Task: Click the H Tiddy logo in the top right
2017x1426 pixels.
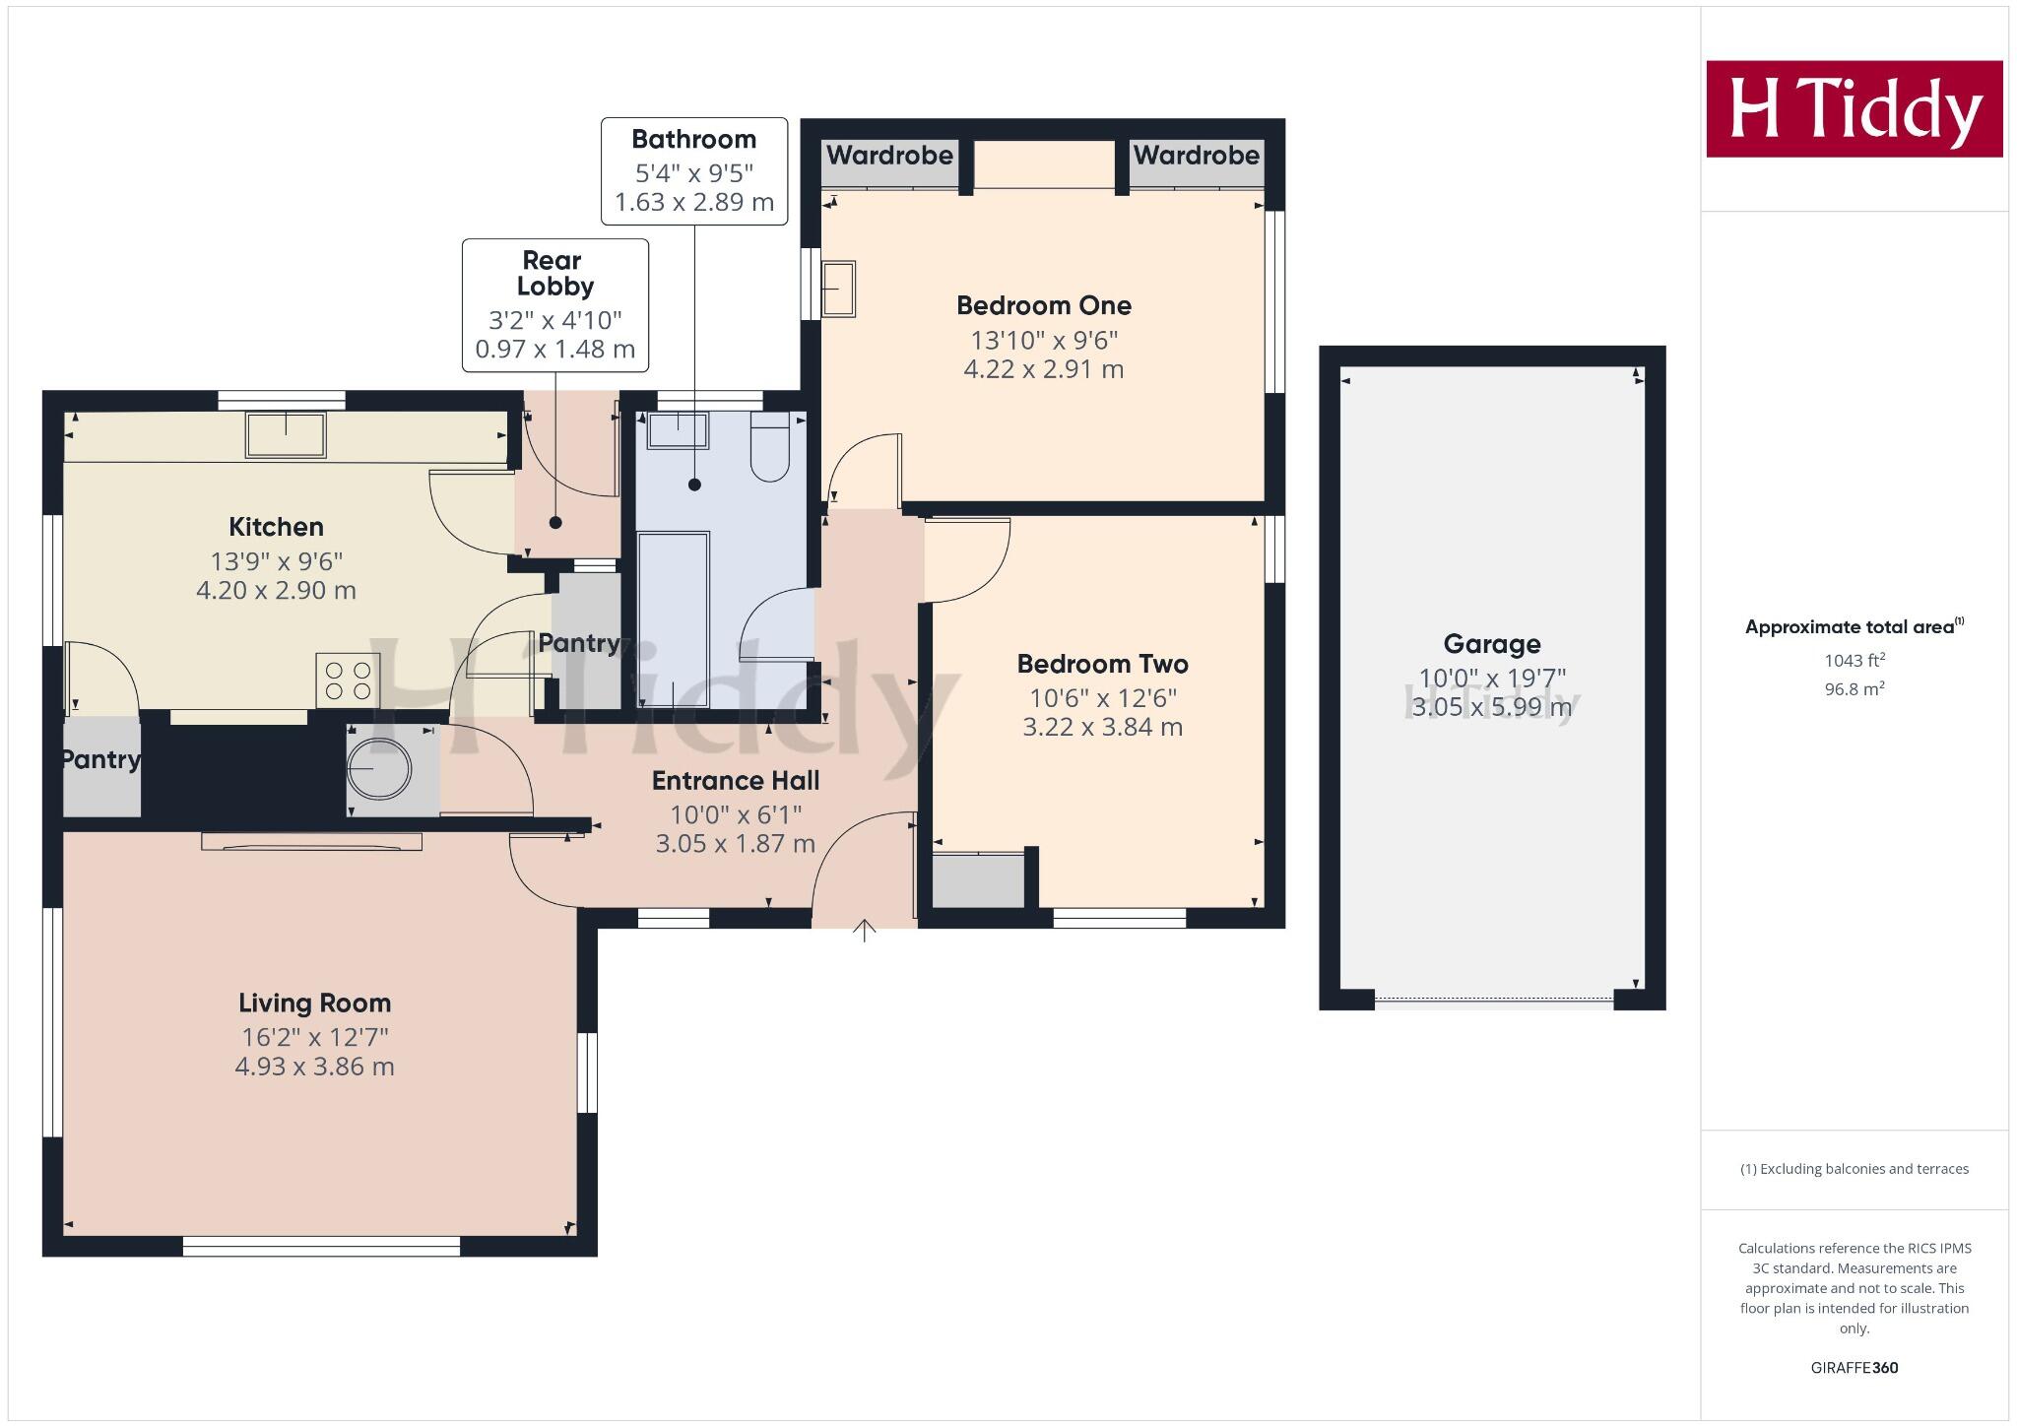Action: coord(1854,108)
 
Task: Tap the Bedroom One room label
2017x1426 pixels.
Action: coord(1044,305)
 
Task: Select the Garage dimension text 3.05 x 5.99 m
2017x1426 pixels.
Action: coord(1491,707)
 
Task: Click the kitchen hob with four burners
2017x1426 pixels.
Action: coord(348,680)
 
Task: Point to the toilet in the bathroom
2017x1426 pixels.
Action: coord(770,448)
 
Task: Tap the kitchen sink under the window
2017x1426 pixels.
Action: coord(286,434)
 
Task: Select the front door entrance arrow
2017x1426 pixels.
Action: coord(864,930)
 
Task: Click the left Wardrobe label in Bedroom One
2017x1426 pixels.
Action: coord(889,156)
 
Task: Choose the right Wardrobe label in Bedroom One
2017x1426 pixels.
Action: coord(1196,156)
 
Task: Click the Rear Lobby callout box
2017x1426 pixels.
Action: coord(555,304)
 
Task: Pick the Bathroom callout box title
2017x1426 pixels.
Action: coord(694,139)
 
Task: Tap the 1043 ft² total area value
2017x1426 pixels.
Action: coord(1854,661)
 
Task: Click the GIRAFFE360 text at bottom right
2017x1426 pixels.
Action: coord(1854,1367)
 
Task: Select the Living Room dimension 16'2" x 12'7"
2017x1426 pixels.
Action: coord(315,1037)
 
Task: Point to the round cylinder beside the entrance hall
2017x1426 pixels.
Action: coord(379,770)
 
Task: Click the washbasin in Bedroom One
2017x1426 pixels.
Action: coord(839,289)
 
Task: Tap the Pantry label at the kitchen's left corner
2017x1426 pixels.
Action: coord(100,759)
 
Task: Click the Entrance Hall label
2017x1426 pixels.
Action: coord(736,781)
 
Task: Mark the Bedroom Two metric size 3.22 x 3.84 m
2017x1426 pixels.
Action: coord(1102,727)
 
